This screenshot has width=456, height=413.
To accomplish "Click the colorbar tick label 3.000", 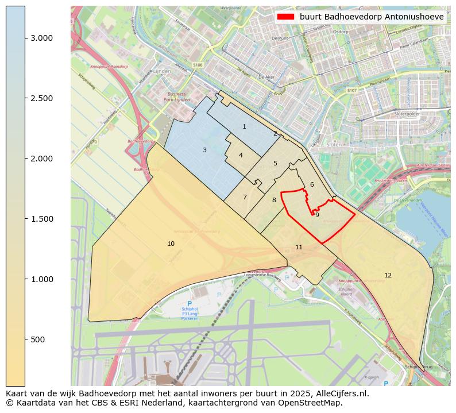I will coord(41,38).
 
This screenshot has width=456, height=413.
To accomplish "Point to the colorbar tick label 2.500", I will coord(41,98).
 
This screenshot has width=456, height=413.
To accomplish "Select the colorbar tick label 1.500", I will coord(41,219).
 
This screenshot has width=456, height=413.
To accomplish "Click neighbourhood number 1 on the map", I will coord(244,126).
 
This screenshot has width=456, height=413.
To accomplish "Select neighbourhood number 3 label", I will coord(204,150).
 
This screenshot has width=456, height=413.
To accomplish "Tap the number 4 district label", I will coord(241,155).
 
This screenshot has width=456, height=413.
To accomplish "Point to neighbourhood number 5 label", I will coord(275,163).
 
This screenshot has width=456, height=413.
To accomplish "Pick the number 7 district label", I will coord(245,197).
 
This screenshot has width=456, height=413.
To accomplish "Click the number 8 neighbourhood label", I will coord(274,200).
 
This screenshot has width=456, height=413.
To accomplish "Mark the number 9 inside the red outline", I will coord(317,215).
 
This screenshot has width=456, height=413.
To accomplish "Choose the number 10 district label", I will coord(171,244).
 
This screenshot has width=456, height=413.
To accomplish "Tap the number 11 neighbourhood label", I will coord(299,247).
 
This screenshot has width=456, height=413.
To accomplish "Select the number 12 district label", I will coord(388,275).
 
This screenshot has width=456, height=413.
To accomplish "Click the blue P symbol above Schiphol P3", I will coord(190,303).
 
